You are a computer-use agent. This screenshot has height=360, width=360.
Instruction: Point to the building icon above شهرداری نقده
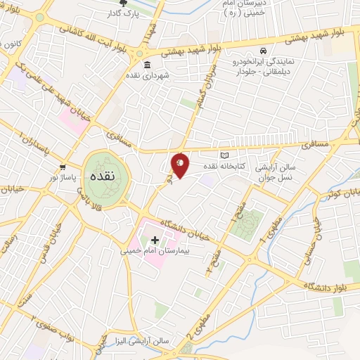pos(147,66)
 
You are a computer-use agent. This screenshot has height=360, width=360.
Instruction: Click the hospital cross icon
pos(155,240)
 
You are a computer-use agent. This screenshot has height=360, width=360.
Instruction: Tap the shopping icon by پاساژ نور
pos(63,167)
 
